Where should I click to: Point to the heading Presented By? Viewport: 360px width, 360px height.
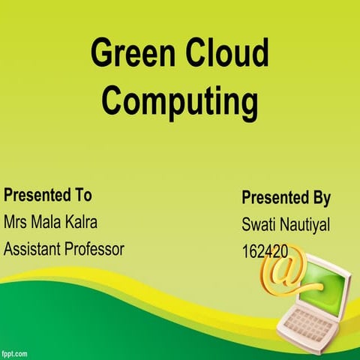click(286, 198)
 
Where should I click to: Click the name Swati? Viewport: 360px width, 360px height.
click(258, 224)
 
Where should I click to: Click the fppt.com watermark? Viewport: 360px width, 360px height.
click(15, 352)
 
